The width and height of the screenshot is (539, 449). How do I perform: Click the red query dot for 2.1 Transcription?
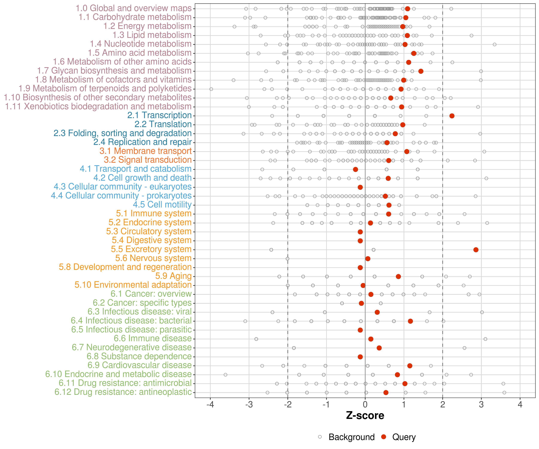tap(452, 116)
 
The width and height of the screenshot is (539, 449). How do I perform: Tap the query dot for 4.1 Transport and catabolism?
tap(355, 169)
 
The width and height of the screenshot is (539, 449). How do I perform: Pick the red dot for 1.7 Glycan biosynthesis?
tap(421, 71)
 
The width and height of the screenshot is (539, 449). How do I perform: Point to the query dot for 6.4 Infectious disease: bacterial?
tap(410, 321)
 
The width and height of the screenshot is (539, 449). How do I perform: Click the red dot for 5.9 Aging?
tap(398, 277)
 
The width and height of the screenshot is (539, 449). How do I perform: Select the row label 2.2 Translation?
tap(163, 124)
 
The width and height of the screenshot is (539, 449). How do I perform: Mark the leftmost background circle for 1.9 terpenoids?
tap(211, 89)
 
